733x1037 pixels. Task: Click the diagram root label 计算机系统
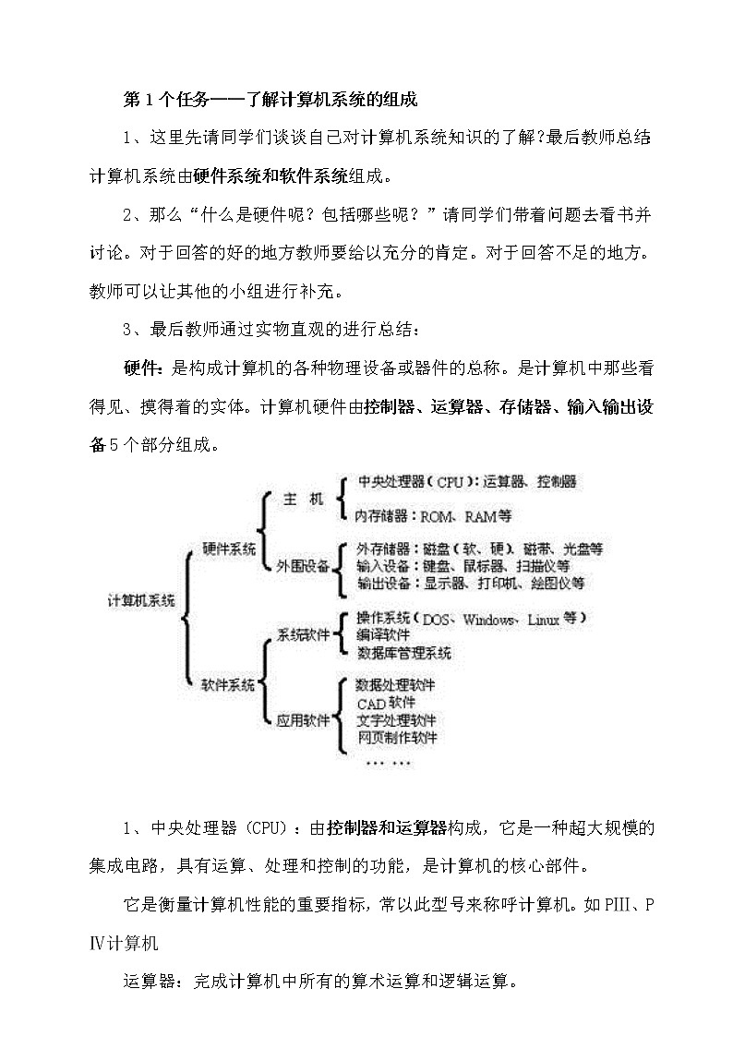(x=141, y=600)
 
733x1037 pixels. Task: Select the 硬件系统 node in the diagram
(x=229, y=549)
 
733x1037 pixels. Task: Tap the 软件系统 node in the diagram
(x=229, y=684)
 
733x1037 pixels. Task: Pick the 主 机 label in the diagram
(x=303, y=500)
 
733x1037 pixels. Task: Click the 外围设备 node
(x=303, y=566)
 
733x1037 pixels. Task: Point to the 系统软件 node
(x=303, y=634)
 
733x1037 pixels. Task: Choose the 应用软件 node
(x=303, y=720)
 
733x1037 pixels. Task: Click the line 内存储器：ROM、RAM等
(x=434, y=515)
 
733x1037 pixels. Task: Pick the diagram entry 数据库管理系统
(x=403, y=653)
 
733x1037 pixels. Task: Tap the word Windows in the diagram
(x=489, y=620)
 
